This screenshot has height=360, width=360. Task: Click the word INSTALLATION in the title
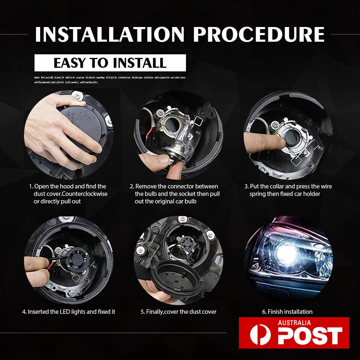pos(109,34)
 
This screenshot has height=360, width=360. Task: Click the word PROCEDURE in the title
pos(259,34)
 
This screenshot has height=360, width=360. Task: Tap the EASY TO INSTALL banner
pos(110,63)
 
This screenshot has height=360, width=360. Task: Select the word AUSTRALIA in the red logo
pos(294,323)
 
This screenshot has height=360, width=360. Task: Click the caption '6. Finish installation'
pos(287,312)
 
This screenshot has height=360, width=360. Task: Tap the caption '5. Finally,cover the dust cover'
pos(178,312)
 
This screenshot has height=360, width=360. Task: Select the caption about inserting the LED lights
pos(68,312)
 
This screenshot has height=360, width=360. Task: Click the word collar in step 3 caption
pos(278,186)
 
